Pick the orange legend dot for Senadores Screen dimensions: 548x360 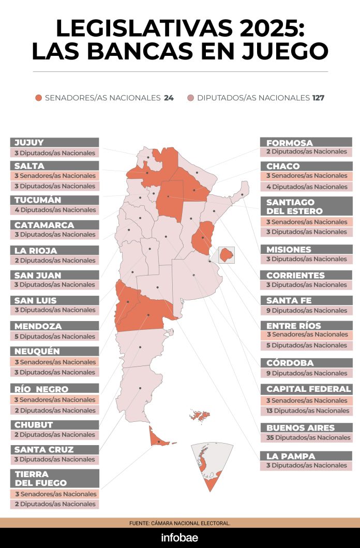pos(38,98)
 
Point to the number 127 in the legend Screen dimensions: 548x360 pos(318,98)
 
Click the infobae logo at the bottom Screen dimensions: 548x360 pos(179,538)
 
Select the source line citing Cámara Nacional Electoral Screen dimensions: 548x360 pos(179,523)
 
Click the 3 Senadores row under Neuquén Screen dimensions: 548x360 pos(54,362)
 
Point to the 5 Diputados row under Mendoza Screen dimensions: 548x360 pos(54,337)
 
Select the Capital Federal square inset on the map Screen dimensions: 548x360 pos(227,254)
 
